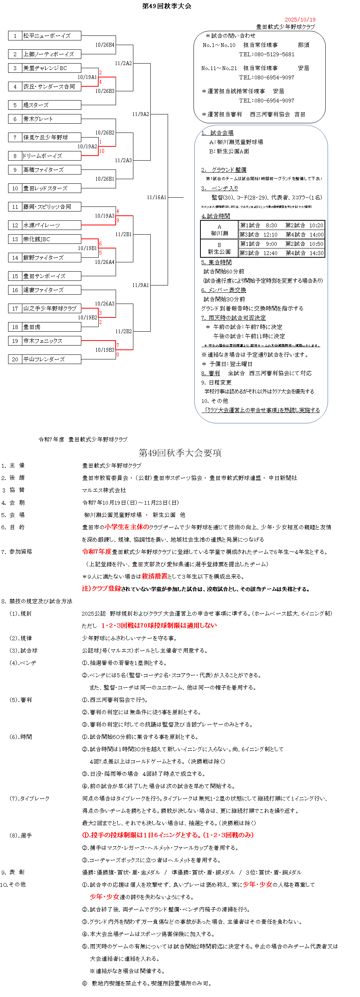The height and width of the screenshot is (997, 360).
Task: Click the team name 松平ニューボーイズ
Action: pyautogui.click(x=47, y=35)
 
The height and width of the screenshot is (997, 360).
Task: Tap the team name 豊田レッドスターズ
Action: pyautogui.click(x=45, y=188)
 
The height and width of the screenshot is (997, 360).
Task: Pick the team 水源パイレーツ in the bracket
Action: pyautogui.click(x=41, y=225)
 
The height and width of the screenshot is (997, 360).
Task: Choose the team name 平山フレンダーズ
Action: pyautogui.click(x=44, y=359)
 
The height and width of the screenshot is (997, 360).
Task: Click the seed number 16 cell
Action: pyautogui.click(x=15, y=290)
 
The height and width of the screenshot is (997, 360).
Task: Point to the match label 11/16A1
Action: pyautogui.click(x=156, y=197)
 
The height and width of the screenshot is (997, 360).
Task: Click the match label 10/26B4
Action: pyautogui.click(x=105, y=45)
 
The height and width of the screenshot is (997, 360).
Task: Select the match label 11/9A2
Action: pyautogui.click(x=141, y=114)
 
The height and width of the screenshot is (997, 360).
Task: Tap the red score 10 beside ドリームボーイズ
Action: pyautogui.click(x=102, y=151)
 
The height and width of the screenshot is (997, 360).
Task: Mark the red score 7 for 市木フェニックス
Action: pyautogui.click(x=118, y=345)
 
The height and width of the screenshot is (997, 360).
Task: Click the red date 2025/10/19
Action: pyautogui.click(x=300, y=19)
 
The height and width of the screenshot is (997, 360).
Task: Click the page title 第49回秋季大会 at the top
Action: pyautogui.click(x=167, y=6)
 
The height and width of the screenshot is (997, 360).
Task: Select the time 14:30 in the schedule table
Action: pyautogui.click(x=316, y=253)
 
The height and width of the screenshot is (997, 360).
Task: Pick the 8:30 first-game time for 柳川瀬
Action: pyautogui.click(x=271, y=225)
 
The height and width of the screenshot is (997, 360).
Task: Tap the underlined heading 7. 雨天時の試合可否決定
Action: pyautogui.click(x=234, y=318)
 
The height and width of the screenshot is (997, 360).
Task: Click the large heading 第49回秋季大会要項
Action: pyautogui.click(x=180, y=453)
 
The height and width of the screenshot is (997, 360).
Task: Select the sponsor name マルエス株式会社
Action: pyautogui.click(x=104, y=490)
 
